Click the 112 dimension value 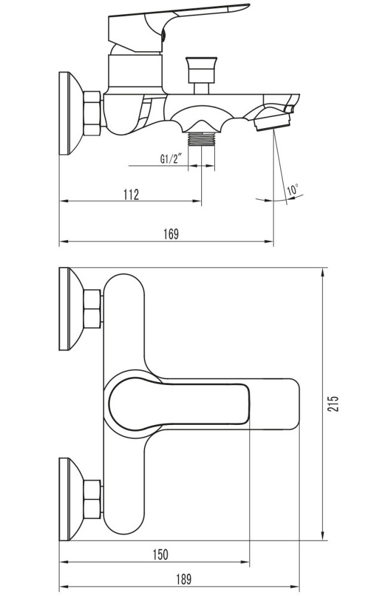pyautogui.click(x=131, y=194)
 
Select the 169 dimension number pyautogui.click(x=171, y=234)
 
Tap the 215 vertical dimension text pyautogui.click(x=333, y=403)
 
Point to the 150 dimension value pyautogui.click(x=161, y=554)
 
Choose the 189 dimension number pyautogui.click(x=184, y=579)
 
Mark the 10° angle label pyautogui.click(x=293, y=190)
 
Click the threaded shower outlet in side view pyautogui.click(x=202, y=139)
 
